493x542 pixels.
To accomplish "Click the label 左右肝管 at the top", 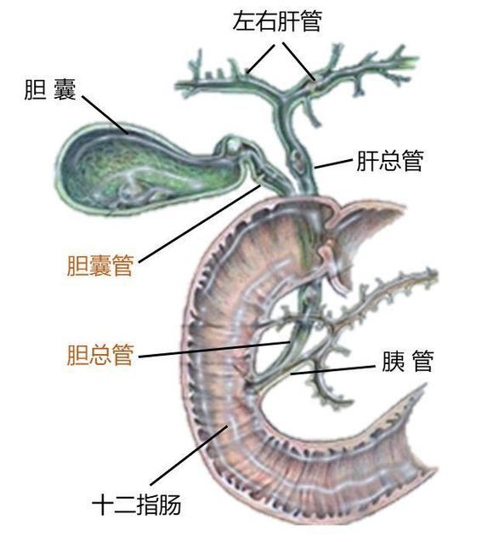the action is [278, 21].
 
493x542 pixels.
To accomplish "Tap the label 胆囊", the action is [50, 89].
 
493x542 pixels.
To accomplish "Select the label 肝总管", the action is [390, 160].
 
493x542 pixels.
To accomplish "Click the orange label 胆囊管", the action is [100, 265].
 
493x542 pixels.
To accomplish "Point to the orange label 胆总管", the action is [100, 355].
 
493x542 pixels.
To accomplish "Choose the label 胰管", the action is [408, 362].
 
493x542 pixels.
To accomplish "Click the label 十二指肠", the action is [136, 505].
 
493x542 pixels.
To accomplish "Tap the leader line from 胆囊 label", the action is [105, 115].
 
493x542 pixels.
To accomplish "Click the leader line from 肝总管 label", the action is [333, 164].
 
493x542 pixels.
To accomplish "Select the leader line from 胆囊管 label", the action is [200, 224].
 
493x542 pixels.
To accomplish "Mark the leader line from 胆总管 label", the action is [215, 350].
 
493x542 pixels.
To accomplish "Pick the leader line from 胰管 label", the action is [333, 369].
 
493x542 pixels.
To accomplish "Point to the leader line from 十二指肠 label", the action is [189, 455].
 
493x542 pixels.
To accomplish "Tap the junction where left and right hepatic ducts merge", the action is [285, 98].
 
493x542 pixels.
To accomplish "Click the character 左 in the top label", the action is [244, 21].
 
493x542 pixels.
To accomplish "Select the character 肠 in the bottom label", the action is [170, 505].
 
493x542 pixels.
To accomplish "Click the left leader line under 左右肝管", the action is [261, 59].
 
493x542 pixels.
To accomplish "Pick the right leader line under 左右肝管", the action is [299, 61].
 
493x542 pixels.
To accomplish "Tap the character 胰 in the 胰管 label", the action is [393, 362].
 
